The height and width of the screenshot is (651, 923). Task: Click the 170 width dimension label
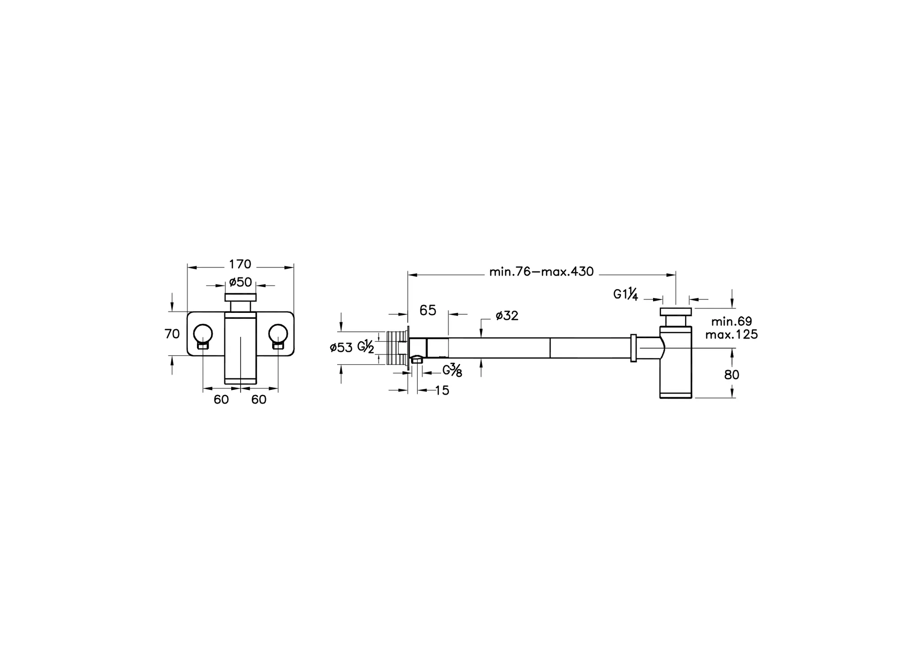(x=240, y=264)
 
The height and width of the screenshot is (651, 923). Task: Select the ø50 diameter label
(x=240, y=282)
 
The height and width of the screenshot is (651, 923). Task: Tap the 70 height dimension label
(x=172, y=334)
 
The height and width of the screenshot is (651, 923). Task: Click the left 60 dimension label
(x=221, y=400)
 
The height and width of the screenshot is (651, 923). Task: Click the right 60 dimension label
(x=259, y=400)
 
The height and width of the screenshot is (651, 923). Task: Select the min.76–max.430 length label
(x=541, y=271)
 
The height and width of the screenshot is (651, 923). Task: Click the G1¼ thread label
(x=626, y=295)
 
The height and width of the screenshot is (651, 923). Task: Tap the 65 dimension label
(x=428, y=310)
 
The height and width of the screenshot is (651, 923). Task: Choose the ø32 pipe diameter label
(x=507, y=316)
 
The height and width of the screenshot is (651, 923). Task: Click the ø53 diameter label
(x=341, y=348)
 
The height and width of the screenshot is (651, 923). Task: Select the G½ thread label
(x=366, y=347)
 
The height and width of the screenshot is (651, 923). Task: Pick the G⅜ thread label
(x=452, y=371)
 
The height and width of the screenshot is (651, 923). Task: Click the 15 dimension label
(x=442, y=391)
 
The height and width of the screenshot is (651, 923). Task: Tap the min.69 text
(x=731, y=321)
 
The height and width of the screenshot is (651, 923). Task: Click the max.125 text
(x=731, y=335)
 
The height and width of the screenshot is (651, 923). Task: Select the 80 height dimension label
(x=731, y=375)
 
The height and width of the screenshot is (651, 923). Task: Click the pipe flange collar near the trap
(x=633, y=348)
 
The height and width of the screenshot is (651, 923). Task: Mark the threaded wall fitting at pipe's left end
(x=397, y=348)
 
